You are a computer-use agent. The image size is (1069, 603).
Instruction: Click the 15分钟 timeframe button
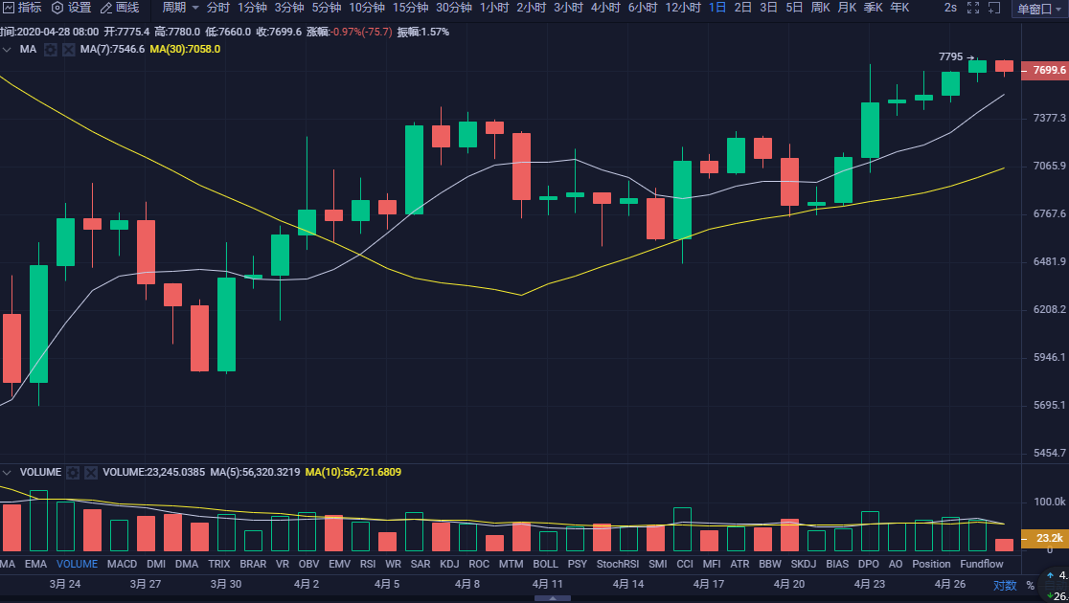pyautogui.click(x=410, y=8)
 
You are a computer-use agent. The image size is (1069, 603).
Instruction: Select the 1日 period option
pyautogui.click(x=717, y=8)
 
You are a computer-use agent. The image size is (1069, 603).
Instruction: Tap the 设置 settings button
pyautogui.click(x=72, y=8)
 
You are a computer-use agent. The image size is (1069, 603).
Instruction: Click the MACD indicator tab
pyautogui.click(x=122, y=565)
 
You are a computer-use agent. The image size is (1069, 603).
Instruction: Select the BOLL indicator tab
pyautogui.click(x=545, y=565)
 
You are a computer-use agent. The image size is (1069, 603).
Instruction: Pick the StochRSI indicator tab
pyautogui.click(x=616, y=565)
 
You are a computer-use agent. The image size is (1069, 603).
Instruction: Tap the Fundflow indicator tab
pyautogui.click(x=982, y=565)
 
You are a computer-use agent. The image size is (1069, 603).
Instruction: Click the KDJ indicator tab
pyautogui.click(x=449, y=565)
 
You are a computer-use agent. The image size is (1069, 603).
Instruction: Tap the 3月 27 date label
pyautogui.click(x=146, y=584)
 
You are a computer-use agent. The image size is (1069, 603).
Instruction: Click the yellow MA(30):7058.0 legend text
pyautogui.click(x=185, y=49)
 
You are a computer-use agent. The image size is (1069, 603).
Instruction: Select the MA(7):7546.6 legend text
pyautogui.click(x=112, y=49)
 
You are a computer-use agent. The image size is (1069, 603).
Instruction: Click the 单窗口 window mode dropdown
pyautogui.click(x=1038, y=9)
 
